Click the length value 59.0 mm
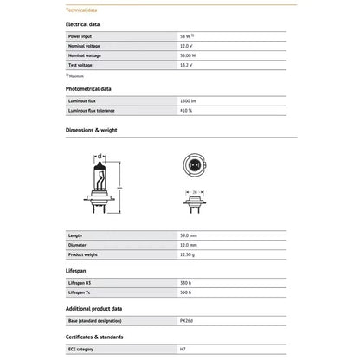coord(188,235)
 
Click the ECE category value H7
coord(183,349)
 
